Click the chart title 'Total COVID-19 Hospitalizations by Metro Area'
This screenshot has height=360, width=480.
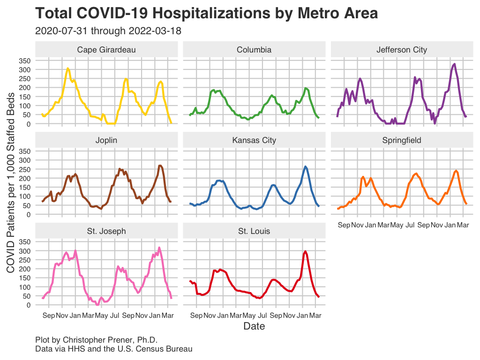[206, 13]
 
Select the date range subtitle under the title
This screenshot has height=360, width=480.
[108, 31]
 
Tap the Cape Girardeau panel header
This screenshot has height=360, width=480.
[106, 50]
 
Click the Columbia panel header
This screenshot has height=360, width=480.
[254, 50]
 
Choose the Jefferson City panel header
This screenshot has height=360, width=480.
[402, 50]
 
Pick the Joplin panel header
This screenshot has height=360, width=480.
[106, 140]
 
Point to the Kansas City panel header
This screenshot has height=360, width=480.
[254, 140]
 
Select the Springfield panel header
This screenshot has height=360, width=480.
[402, 140]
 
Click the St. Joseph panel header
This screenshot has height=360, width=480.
[106, 231]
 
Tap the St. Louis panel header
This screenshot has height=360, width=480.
[254, 231]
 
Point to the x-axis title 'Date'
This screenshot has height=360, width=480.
[254, 326]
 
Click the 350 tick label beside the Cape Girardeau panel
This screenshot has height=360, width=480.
[24, 61]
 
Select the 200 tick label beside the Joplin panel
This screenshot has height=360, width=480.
[24, 179]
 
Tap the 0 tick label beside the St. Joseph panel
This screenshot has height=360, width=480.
[28, 305]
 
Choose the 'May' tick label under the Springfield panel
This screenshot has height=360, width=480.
[397, 225]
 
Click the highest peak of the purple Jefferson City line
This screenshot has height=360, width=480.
[454, 64]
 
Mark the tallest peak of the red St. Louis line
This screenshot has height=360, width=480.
[306, 251]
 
